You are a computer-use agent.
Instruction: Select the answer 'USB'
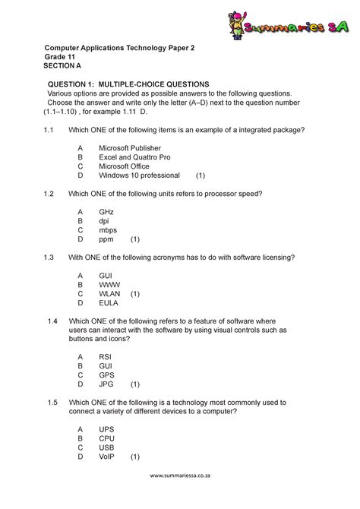[x=107, y=447]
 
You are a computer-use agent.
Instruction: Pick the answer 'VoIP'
[x=108, y=457]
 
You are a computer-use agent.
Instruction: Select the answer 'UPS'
[x=107, y=429]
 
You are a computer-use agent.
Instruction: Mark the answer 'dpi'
[x=104, y=220]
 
